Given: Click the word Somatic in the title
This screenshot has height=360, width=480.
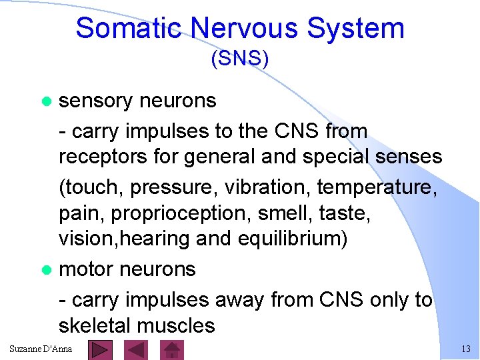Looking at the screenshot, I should [129, 29].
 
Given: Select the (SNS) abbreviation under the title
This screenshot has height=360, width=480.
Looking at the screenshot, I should [240, 59].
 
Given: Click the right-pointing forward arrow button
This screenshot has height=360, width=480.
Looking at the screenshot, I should [100, 350].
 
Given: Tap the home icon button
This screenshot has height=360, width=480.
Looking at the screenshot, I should [173, 350].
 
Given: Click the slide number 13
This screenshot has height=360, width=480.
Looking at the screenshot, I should [465, 349].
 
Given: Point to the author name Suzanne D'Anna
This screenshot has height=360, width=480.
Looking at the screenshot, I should [41, 349].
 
